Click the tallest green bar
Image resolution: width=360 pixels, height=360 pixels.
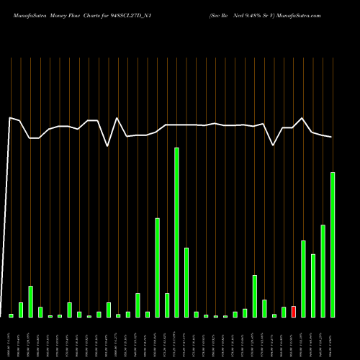coord(176,232)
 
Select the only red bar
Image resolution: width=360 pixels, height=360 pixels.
coord(294,312)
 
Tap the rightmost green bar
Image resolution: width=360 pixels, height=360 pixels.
coord(333,245)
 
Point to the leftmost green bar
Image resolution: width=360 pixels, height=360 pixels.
coord(11,315)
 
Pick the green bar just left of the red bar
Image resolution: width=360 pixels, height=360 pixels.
coord(284,312)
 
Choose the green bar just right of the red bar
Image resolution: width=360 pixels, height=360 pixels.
coord(303,279)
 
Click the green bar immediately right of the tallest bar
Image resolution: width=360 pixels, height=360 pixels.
coord(186,282)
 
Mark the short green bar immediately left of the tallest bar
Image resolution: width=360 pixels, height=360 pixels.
coord(167,305)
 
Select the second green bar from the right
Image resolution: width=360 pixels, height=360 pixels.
coord(323,271)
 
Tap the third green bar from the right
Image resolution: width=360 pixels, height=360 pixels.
coord(313,286)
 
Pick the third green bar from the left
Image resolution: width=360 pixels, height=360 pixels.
coord(31,302)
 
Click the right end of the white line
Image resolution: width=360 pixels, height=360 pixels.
coord(332,137)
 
